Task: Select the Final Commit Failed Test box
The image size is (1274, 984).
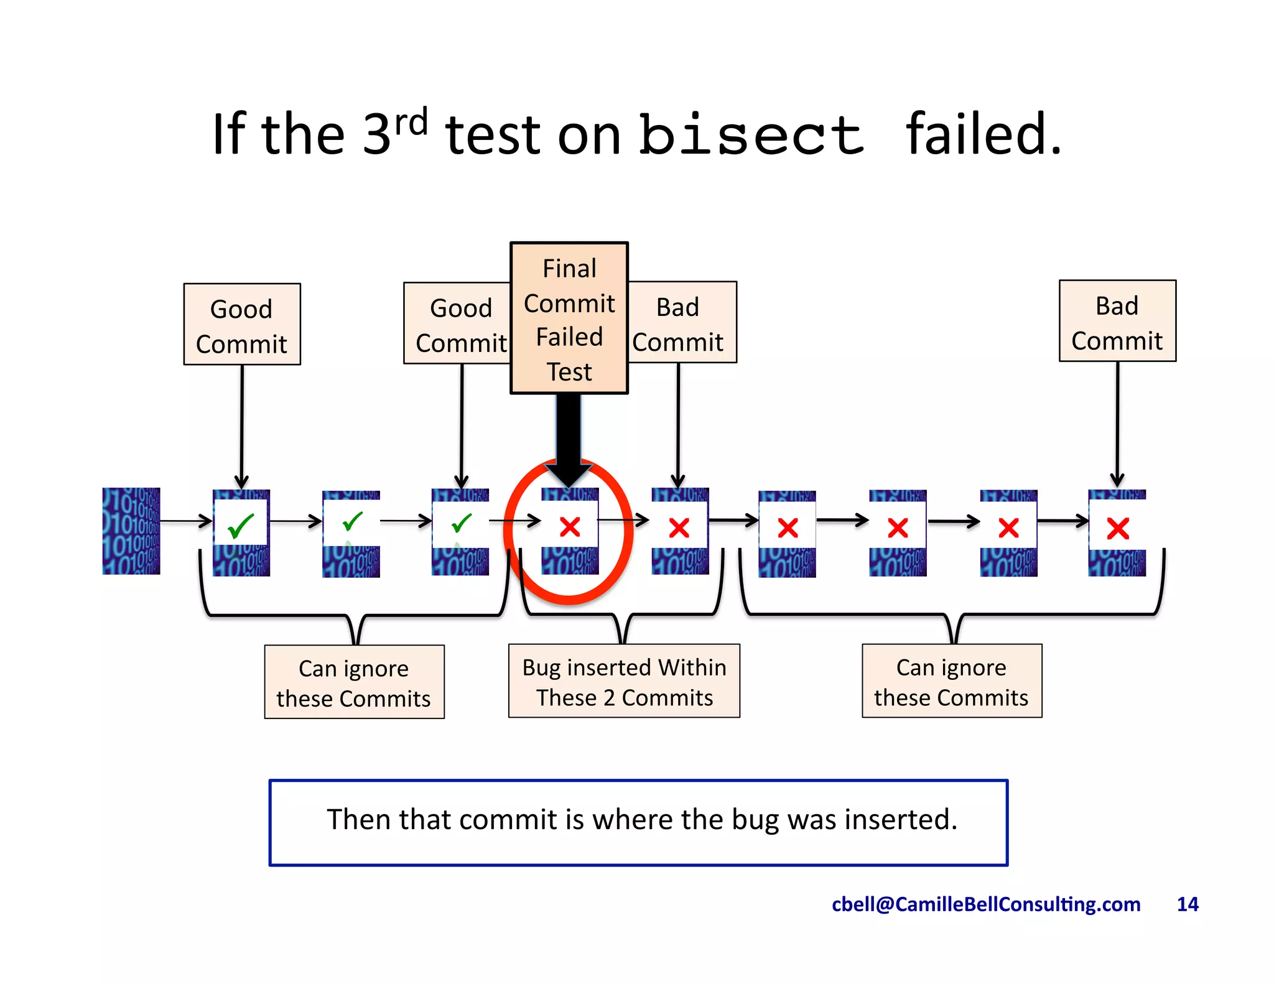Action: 569,318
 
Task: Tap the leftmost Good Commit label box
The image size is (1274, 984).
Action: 242,325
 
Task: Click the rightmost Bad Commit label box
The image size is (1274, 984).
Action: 1117,322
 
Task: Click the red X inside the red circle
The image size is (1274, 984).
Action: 570,527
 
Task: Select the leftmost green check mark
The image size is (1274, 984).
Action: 241,526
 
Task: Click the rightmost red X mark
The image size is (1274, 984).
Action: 1118,529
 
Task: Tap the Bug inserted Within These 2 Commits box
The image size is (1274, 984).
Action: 624,682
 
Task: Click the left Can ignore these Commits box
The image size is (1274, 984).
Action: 354,683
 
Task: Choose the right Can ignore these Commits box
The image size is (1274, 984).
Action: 951,682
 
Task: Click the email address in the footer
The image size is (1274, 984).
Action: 986,904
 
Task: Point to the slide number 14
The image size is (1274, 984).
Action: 1187,904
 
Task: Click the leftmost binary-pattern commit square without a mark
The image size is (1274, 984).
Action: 131,531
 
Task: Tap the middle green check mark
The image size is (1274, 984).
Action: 353,522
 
